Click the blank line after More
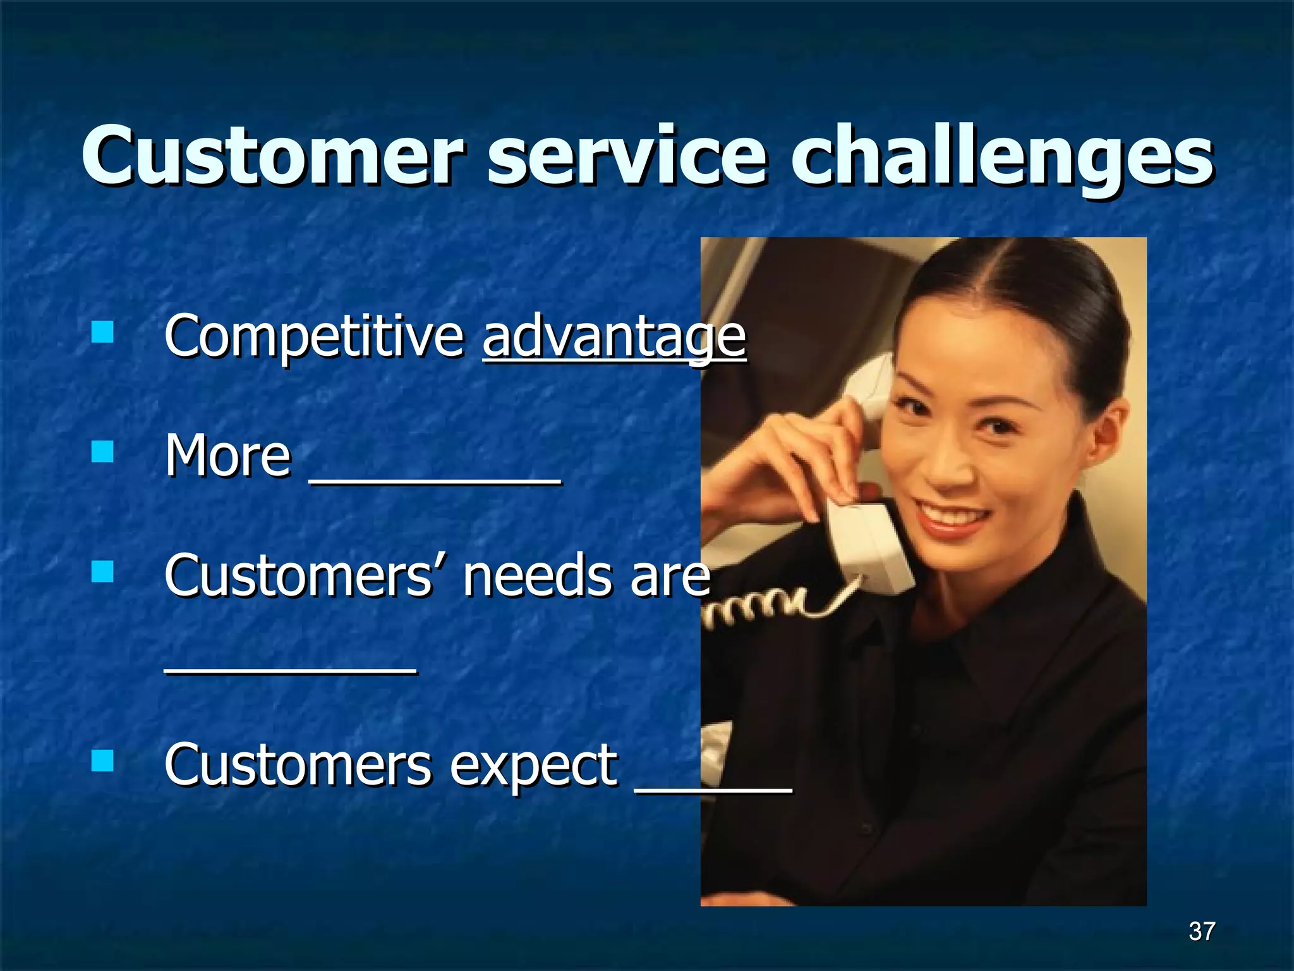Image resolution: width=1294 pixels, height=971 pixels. (x=435, y=482)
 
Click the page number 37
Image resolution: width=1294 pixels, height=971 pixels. (x=1201, y=931)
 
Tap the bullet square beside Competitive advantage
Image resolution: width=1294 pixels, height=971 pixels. (x=102, y=332)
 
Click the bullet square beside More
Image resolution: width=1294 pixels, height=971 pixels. (x=102, y=452)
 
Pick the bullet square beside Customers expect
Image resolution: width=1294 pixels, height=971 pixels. (x=102, y=761)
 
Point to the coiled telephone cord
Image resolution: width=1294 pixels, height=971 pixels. (x=758, y=607)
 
